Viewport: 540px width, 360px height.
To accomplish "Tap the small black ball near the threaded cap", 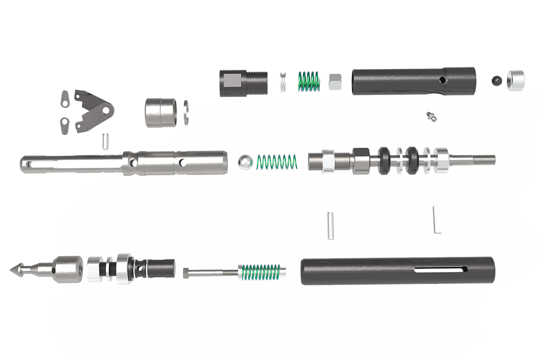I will pos(497,80).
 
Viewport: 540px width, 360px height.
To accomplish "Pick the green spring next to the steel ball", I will pos(276,161).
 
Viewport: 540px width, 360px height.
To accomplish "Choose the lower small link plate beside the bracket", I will pos(66,125).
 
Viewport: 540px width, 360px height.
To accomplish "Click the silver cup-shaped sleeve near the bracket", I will pos(158,112).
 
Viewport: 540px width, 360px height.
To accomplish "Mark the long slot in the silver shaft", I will pos(67,160).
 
